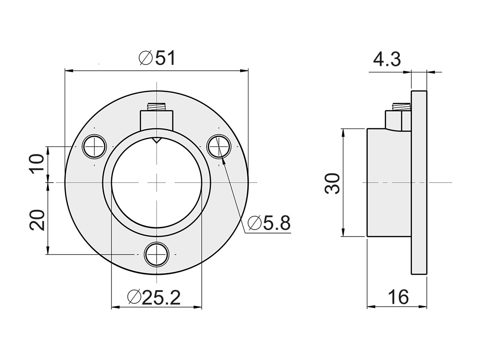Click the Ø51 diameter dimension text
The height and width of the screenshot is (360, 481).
157,58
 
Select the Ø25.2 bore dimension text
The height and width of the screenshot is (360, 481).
154,298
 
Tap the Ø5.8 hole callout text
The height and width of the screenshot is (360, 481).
269,223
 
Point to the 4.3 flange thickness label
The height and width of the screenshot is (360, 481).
387,60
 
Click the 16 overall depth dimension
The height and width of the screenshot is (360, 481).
398,297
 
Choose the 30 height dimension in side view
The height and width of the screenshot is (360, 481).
333,183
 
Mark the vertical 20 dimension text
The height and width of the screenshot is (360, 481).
38,219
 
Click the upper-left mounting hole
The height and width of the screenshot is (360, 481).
94,147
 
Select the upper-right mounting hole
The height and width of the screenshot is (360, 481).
218,147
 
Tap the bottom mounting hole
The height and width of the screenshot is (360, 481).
157,255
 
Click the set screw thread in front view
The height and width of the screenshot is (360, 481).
156,106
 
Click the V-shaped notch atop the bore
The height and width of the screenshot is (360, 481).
157,140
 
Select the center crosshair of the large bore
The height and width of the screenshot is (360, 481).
157,183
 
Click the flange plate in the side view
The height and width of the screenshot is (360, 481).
419,183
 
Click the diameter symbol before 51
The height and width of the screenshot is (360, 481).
145,58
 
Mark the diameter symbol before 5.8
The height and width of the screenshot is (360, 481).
254,223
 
